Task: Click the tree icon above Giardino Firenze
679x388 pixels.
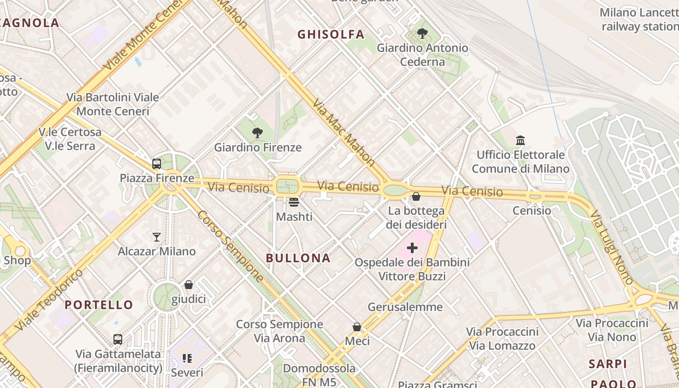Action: (x=258, y=132)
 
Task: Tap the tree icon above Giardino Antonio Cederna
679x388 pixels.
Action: (x=422, y=33)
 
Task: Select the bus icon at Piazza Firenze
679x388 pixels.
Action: (x=156, y=164)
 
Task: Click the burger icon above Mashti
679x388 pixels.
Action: (x=294, y=202)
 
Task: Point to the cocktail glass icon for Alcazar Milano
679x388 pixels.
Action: (x=156, y=237)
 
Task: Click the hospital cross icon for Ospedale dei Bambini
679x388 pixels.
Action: (x=412, y=248)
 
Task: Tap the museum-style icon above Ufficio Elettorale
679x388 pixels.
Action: (x=520, y=141)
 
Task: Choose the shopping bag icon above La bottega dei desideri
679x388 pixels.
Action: (x=416, y=196)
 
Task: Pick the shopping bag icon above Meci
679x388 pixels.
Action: (x=357, y=327)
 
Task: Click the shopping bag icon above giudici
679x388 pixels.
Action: (x=189, y=285)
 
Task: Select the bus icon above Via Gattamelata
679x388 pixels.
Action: (x=118, y=339)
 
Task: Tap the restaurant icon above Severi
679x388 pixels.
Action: (x=187, y=358)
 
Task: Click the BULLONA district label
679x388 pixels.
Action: (x=298, y=258)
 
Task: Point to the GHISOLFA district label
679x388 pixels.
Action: (x=331, y=34)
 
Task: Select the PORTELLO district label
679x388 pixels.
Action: (x=99, y=305)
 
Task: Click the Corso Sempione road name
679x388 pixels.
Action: (x=230, y=246)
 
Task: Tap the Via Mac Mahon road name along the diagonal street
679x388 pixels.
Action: (x=343, y=132)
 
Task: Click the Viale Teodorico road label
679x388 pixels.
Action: (x=49, y=300)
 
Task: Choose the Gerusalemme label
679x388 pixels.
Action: (x=405, y=307)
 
